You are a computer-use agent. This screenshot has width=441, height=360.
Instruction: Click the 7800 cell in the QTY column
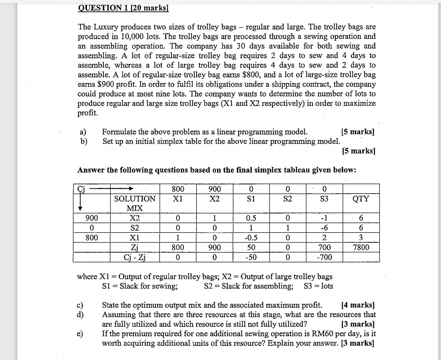click(x=361, y=248)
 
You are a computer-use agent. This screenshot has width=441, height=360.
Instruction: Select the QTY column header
click(x=361, y=199)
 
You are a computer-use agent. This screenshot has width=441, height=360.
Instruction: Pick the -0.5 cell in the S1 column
click(x=251, y=238)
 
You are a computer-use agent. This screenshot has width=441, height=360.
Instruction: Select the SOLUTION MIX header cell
click(x=134, y=203)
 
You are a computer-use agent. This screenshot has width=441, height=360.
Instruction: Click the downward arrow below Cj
click(x=80, y=204)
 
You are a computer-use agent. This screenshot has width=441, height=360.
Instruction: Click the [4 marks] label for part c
click(x=358, y=305)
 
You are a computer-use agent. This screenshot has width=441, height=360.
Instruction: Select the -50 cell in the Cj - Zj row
click(x=251, y=257)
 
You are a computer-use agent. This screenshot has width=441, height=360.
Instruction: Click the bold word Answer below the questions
click(x=91, y=170)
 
